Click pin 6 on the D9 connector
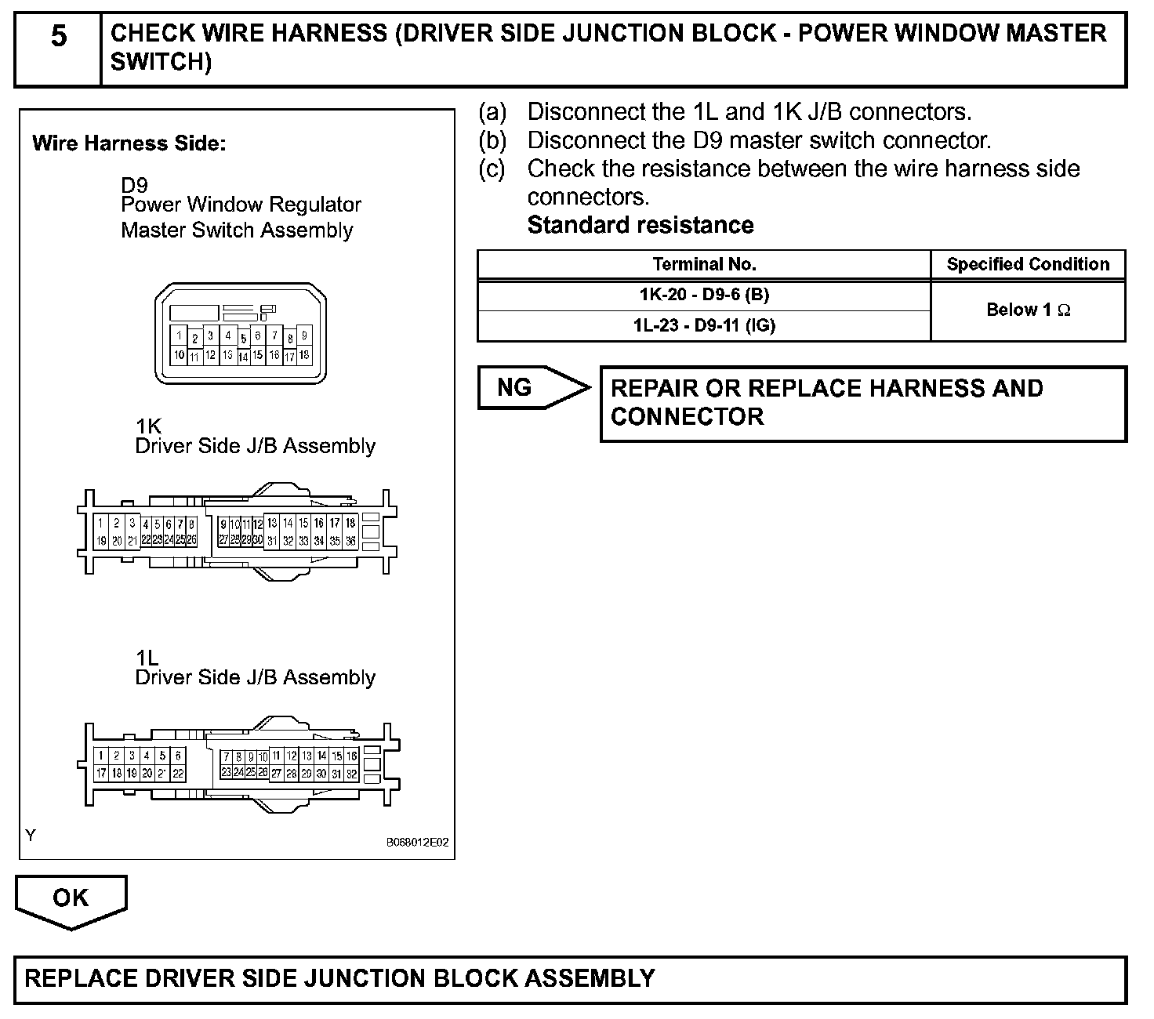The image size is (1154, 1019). coord(257,336)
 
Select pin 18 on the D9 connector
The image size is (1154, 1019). coord(304,355)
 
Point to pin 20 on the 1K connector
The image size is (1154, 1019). coord(117,541)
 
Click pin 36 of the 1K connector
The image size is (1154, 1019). coord(350,541)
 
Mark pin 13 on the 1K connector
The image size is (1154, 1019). coord(272,523)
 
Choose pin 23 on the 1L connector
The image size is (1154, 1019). coord(227,773)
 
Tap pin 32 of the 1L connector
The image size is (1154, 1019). coord(352,774)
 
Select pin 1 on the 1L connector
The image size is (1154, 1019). coord(101,756)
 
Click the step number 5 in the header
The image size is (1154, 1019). coord(59,37)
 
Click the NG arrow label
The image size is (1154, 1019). coord(515,387)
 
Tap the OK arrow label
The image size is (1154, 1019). coord(71,898)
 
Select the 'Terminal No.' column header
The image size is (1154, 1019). coord(704,265)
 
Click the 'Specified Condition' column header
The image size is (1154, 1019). coord(1028,265)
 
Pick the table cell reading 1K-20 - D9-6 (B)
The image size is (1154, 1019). coord(704,296)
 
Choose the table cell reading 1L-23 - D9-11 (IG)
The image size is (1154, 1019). coord(704,325)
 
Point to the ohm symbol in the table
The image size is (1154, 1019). coord(1064,310)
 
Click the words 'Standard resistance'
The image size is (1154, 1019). coord(641,226)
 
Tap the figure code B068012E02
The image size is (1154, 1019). coord(417,843)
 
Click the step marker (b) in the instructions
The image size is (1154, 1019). coord(493,141)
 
